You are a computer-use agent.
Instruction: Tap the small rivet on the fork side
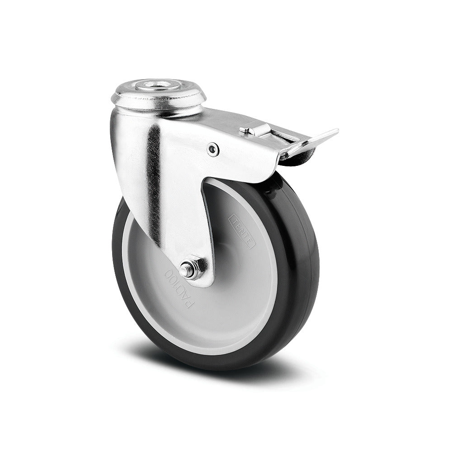click(x=213, y=149)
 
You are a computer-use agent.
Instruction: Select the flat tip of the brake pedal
click(x=323, y=135)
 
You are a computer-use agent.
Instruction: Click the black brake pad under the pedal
click(x=304, y=156)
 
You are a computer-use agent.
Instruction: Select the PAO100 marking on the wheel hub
click(x=179, y=289)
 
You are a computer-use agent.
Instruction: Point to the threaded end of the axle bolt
click(x=184, y=271)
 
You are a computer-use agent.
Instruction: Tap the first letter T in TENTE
click(x=235, y=219)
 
